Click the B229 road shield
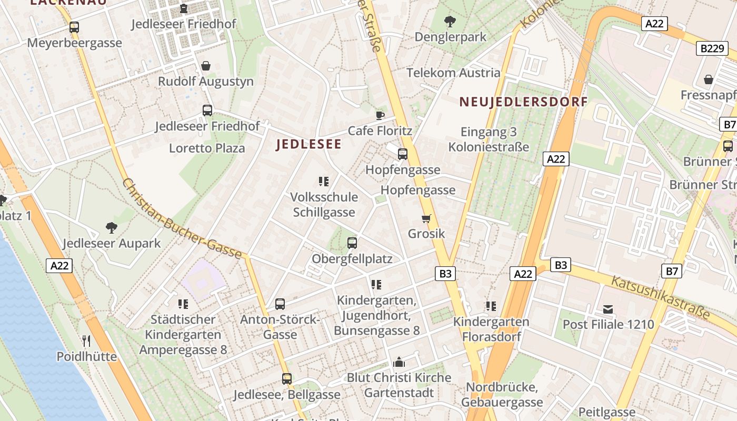click(713, 49)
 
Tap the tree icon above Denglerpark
click(450, 22)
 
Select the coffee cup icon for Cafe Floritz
click(380, 115)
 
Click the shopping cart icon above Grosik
click(426, 218)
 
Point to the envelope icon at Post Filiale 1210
click(608, 309)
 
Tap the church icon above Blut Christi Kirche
click(399, 362)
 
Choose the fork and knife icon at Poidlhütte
click(86, 341)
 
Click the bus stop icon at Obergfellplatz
click(352, 243)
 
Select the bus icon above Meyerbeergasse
click(74, 27)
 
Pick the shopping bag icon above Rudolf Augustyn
click(206, 66)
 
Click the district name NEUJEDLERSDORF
click(523, 102)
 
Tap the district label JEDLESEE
click(308, 144)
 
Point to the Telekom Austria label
click(453, 73)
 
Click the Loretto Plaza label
click(207, 148)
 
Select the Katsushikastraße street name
click(661, 296)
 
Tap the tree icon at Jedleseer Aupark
click(111, 228)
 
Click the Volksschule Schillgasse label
click(324, 205)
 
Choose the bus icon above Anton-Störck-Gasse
click(280, 304)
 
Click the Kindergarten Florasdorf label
click(491, 329)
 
